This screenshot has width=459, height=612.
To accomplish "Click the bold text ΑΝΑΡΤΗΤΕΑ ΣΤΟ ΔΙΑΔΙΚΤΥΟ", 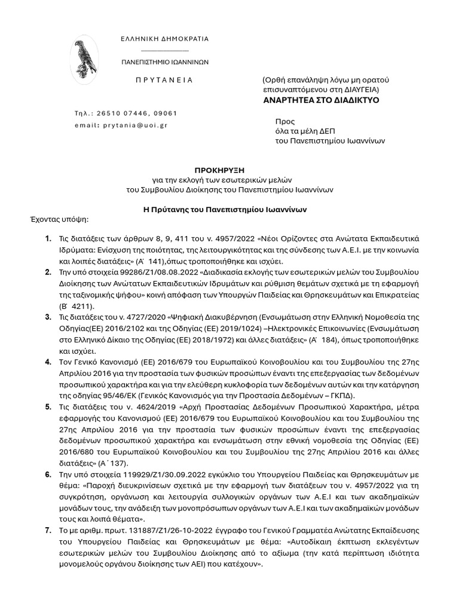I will [x=322, y=100].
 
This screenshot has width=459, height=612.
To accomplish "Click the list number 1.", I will [x=47, y=239].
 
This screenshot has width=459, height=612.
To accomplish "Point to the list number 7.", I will [x=47, y=530].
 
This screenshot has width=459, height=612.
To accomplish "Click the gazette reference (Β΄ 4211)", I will [x=74, y=305].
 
